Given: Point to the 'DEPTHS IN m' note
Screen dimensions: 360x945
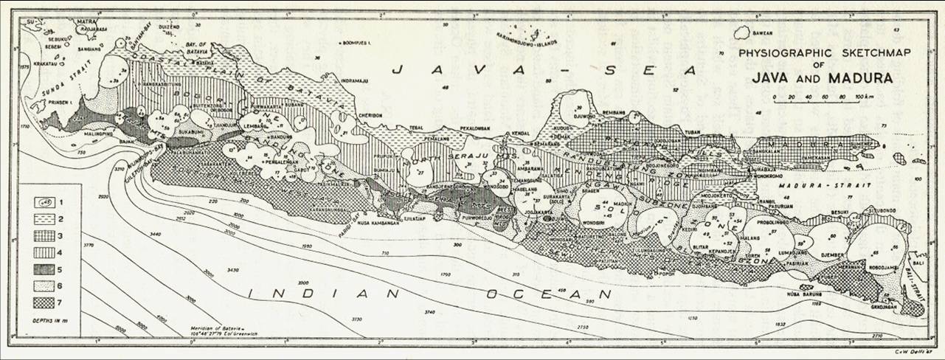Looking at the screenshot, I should [x=49, y=318].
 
